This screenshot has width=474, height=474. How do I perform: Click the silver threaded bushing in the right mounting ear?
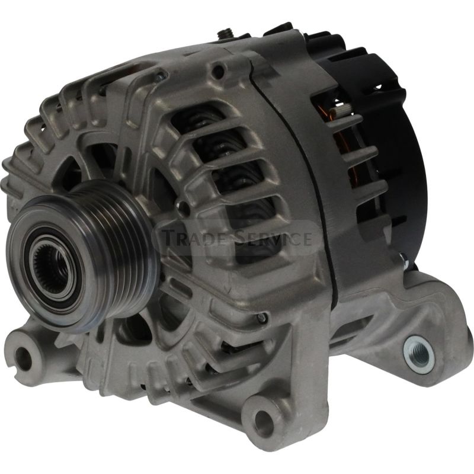coord(419,354)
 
